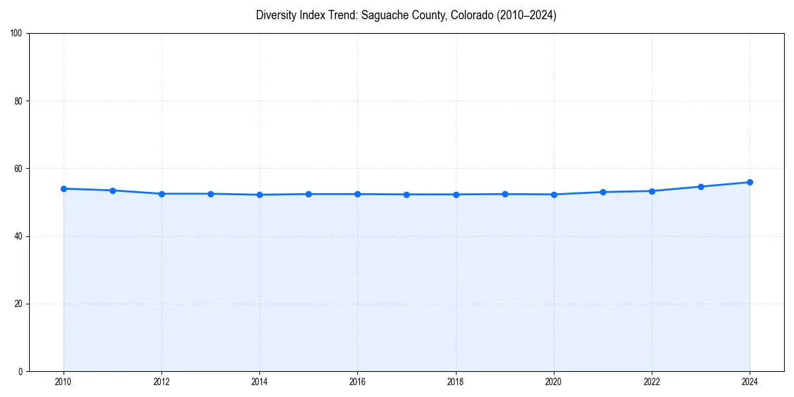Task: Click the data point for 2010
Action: click(64, 189)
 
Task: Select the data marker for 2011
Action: click(112, 191)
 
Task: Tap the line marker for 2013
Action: click(210, 194)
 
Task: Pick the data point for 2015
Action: click(308, 194)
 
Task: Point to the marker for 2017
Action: click(406, 195)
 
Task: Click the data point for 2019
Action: click(505, 194)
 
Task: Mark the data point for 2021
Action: click(603, 192)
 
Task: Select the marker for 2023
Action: click(701, 187)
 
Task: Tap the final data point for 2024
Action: click(750, 182)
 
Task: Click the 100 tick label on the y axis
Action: click(17, 34)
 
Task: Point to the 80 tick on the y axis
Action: click(19, 101)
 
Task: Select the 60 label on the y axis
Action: click(19, 169)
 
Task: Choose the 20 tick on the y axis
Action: click(19, 304)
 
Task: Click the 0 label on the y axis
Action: click(21, 371)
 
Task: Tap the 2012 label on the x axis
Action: click(161, 382)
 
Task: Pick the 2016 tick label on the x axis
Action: click(357, 382)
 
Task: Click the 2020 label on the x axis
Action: click(554, 382)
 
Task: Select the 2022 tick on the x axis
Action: click(652, 382)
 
